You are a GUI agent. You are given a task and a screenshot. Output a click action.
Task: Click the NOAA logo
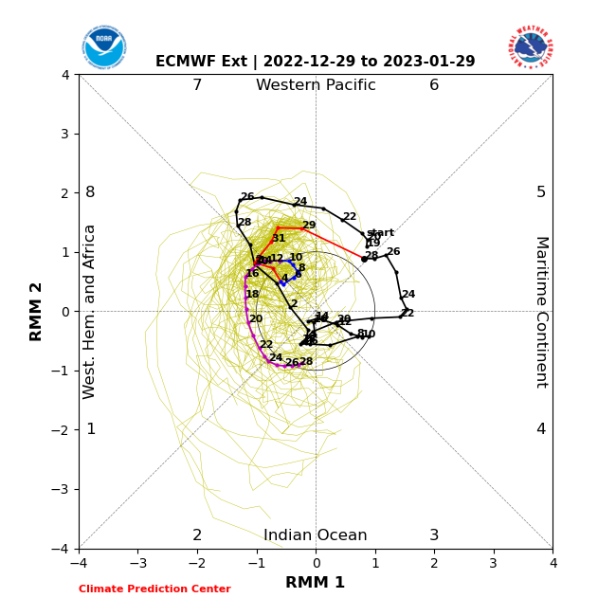[x=103, y=46]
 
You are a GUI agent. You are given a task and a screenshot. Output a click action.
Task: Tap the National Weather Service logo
[x=530, y=46]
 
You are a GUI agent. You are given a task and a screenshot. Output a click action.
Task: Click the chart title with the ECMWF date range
[x=316, y=62]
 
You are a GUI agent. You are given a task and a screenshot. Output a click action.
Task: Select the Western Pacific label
[x=316, y=85]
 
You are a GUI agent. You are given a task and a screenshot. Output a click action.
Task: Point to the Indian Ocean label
[x=316, y=535]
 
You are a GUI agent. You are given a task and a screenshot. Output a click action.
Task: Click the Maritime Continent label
[x=541, y=312]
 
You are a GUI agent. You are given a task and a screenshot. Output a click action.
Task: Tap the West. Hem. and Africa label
[x=90, y=312]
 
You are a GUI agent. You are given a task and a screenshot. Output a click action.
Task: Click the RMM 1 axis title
[x=316, y=583]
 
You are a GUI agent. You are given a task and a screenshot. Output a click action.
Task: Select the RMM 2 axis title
[x=37, y=312]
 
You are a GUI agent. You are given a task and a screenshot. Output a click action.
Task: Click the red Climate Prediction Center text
[x=154, y=589]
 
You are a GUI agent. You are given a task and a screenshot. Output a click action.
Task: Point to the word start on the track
[x=380, y=233]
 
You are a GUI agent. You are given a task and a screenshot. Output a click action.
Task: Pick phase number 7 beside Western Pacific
[x=197, y=85]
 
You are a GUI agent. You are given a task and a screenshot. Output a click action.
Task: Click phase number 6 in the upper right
[x=434, y=85]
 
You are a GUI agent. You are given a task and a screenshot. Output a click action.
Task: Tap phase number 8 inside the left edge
[x=90, y=192]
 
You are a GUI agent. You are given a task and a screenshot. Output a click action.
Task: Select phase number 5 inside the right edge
[x=541, y=192]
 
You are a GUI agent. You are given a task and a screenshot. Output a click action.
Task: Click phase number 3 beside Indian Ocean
[x=434, y=535]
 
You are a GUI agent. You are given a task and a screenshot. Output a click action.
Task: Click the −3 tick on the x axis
[x=137, y=563]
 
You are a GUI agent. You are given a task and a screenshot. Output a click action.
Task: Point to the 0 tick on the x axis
[x=316, y=563]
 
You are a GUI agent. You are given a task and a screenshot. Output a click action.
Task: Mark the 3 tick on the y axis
[x=65, y=134]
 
